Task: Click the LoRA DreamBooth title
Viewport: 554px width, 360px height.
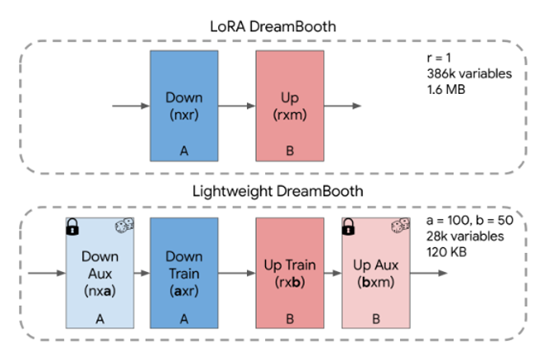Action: tap(272, 26)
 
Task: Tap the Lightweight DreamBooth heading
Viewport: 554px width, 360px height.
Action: tap(277, 191)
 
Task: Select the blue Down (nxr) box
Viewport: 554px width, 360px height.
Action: tap(184, 105)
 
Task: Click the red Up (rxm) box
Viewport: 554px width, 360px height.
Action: tap(290, 105)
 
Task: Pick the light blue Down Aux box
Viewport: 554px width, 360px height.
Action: tap(100, 273)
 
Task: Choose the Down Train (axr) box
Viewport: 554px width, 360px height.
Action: tap(184, 273)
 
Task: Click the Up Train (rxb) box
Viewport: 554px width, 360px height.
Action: tap(290, 273)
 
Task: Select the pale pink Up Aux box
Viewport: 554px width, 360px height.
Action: tap(376, 273)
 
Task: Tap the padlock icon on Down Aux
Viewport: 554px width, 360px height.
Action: tap(72, 227)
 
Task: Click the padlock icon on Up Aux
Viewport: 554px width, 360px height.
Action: tap(348, 227)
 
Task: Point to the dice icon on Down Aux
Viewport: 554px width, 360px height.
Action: tap(124, 225)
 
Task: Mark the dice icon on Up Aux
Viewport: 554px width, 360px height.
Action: tap(400, 225)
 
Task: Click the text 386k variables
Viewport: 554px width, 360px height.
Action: tap(469, 73)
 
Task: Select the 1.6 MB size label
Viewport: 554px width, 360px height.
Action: tap(446, 90)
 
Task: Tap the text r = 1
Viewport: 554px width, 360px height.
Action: tap(439, 58)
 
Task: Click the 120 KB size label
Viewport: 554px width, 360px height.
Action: tap(447, 252)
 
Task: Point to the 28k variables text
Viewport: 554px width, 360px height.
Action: tap(465, 236)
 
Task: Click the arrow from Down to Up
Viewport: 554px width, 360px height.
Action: tap(237, 105)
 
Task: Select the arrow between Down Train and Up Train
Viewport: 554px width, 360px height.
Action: tap(237, 273)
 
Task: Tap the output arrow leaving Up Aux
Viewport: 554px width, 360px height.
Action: tap(429, 273)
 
